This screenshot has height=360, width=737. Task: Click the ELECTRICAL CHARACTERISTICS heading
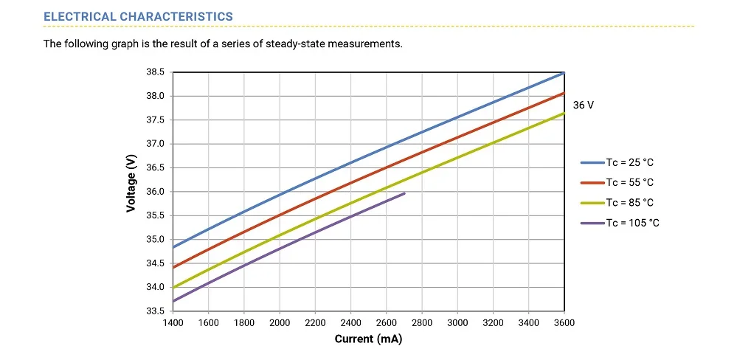[x=139, y=16]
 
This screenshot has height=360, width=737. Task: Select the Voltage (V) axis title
[x=131, y=183]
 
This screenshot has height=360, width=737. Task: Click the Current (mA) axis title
[x=369, y=339]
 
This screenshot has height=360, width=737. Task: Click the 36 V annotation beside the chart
[x=583, y=105]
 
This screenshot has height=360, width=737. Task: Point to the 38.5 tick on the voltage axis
[x=154, y=72]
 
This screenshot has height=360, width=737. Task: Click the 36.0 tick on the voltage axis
[x=154, y=192]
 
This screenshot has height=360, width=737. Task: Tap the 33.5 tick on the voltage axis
[x=154, y=311]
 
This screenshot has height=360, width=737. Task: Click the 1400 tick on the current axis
[x=173, y=323]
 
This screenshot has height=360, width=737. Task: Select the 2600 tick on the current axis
[x=387, y=323]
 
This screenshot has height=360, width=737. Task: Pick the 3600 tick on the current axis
[x=564, y=323]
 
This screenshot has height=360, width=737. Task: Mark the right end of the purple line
[x=404, y=193]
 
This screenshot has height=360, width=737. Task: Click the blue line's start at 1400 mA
[x=173, y=246]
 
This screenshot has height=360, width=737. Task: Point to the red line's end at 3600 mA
[x=564, y=93]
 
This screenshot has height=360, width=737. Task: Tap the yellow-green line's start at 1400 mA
[x=173, y=287]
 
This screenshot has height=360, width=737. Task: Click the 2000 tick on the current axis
[x=280, y=323]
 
